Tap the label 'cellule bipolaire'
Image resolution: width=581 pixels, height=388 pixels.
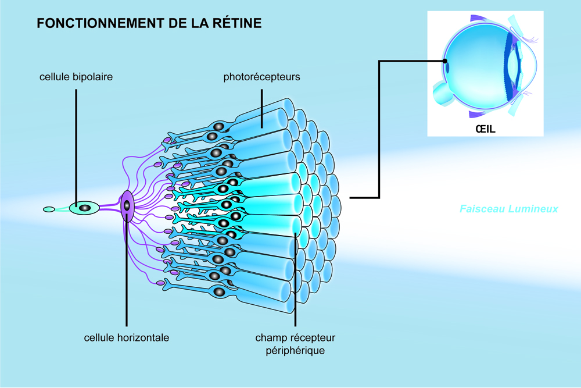point(76,77)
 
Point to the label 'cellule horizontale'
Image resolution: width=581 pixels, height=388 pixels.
point(127,337)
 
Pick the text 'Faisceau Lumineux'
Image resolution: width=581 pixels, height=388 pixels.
point(508,208)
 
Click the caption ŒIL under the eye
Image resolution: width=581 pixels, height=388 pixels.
point(485,129)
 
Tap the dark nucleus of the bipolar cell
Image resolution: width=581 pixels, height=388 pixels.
point(85,208)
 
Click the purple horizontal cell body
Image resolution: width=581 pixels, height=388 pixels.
point(127,205)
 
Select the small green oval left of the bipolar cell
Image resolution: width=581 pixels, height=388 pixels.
point(49,209)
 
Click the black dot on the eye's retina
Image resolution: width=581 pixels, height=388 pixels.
point(444,60)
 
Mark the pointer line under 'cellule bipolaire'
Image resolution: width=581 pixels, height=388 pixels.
point(76,140)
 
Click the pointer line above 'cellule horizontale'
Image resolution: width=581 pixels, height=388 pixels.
point(127,273)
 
